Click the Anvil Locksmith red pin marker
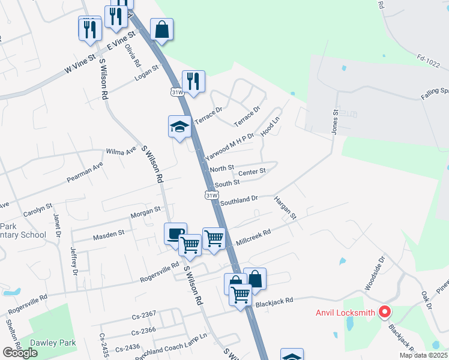click(x=384, y=313)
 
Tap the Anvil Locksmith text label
click(x=345, y=313)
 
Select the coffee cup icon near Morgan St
click(x=175, y=233)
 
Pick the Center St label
click(x=252, y=171)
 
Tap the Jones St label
click(x=336, y=121)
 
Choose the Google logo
click(x=20, y=353)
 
